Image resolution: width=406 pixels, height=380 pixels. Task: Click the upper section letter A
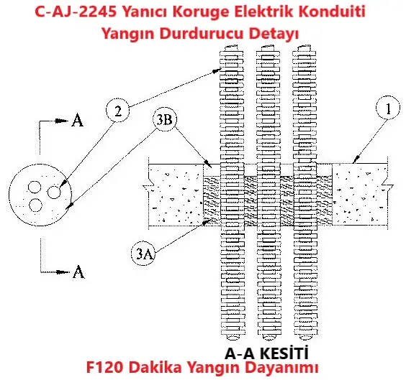point(78,121)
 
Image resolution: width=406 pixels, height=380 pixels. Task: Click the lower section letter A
point(78,272)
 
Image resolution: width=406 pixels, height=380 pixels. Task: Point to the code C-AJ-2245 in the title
point(76,11)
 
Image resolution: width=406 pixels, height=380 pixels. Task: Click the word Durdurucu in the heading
point(202,33)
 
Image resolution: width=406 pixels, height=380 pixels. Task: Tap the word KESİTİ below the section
point(284,353)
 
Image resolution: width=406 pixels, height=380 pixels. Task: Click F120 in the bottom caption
point(104,367)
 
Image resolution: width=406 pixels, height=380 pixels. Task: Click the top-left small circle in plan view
point(35,187)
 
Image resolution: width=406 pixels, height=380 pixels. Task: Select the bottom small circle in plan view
point(36,205)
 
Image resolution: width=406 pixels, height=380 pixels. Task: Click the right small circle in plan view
point(54,193)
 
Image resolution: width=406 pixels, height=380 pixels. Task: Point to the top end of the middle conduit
point(268,47)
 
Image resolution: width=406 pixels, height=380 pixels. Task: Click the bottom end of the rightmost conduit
point(305,337)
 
